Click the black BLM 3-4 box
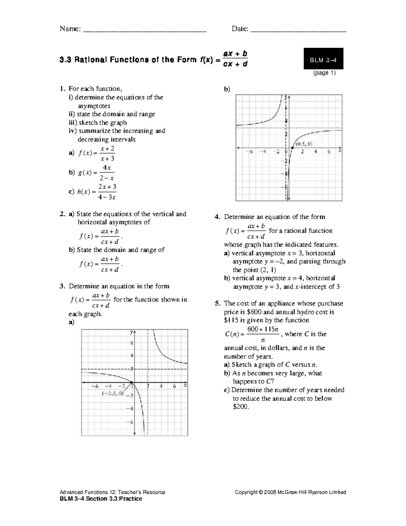323,60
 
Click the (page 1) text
324,73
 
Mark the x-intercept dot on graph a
131,382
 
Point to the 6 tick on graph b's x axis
329,152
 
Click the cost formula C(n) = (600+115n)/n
252,334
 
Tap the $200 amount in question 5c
241,407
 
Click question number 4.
218,217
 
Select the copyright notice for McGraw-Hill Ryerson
290,492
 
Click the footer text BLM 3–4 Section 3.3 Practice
101,499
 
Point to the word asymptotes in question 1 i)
94,106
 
